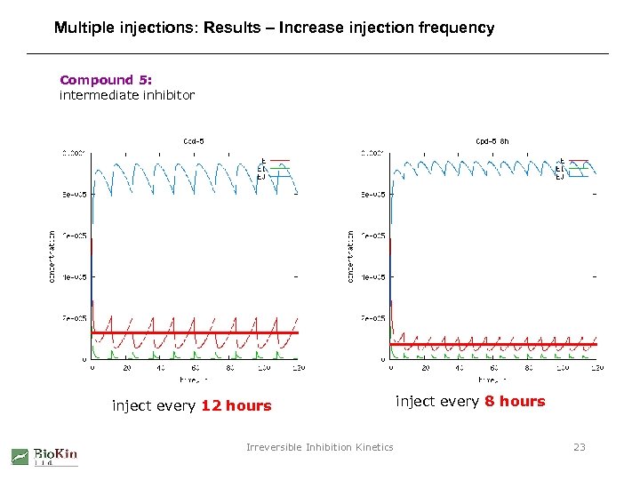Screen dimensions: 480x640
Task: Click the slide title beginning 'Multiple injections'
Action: coord(274,28)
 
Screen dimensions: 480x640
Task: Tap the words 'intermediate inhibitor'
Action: coord(126,94)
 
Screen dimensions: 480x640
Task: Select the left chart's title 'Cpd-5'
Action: coord(194,140)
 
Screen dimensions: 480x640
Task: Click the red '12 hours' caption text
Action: coord(236,406)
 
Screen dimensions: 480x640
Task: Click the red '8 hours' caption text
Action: coord(515,401)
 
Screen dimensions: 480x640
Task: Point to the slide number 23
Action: coord(579,447)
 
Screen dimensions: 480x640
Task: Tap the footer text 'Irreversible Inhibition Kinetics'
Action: coord(319,447)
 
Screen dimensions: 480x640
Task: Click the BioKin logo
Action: coord(44,456)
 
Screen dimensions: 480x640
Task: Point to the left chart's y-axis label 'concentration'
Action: coord(51,256)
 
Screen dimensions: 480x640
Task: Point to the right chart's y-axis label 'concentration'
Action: coord(351,256)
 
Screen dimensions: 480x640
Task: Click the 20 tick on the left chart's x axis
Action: coord(126,367)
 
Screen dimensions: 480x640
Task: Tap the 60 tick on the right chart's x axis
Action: coord(493,367)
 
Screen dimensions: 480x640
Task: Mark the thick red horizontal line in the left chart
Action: coord(195,332)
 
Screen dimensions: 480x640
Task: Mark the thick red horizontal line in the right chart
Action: coord(493,344)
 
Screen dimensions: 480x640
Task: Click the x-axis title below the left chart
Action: coord(193,379)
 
